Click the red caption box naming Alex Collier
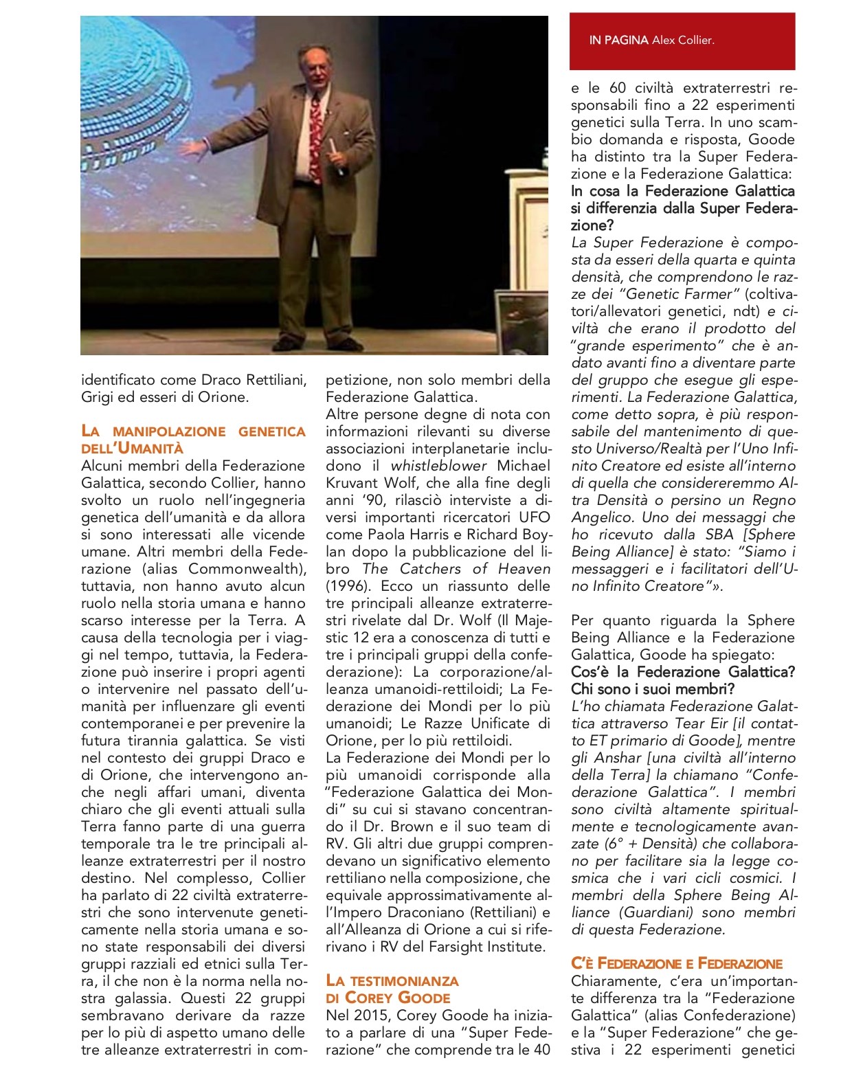(682, 41)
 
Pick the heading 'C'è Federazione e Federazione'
(677, 963)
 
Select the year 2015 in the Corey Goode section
(376, 1015)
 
